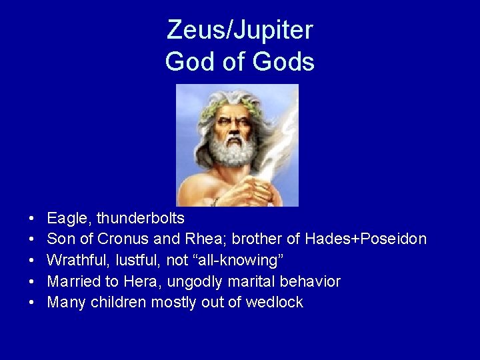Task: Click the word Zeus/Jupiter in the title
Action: tap(240, 30)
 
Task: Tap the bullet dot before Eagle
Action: tap(32, 219)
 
